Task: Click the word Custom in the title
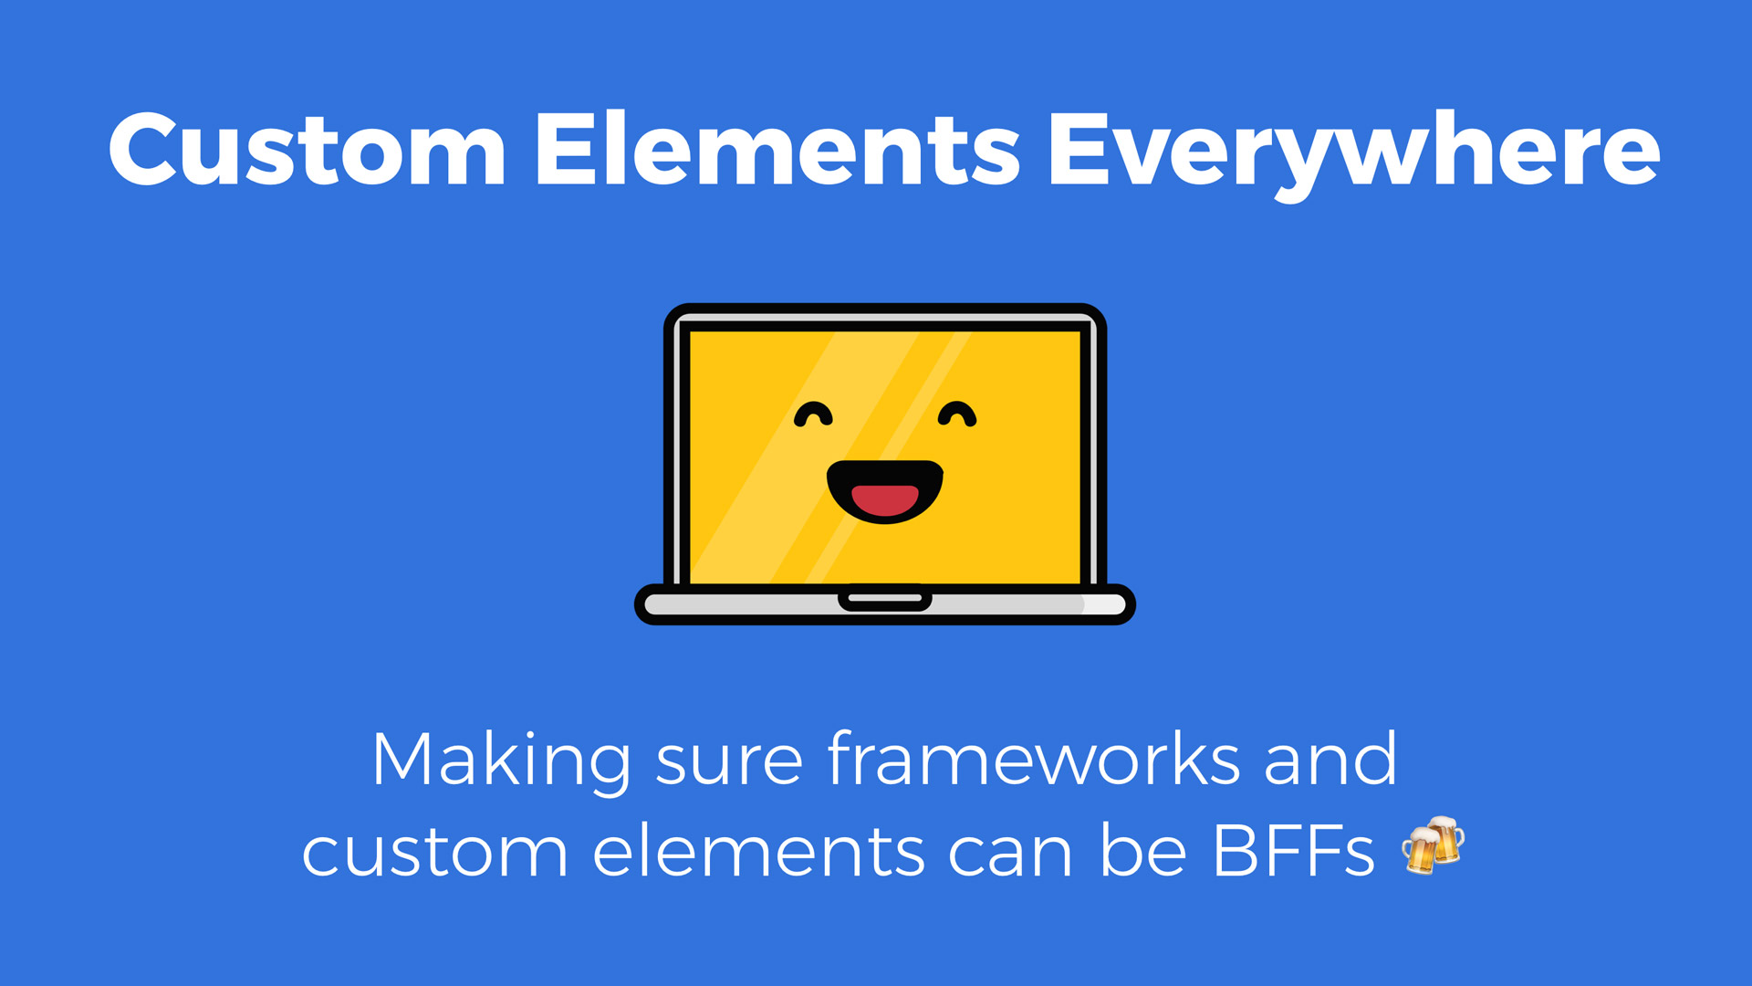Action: point(308,149)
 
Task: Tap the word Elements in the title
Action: point(777,149)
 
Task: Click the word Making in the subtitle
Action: point(501,761)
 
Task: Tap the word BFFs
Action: point(1293,852)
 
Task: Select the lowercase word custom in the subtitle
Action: point(435,854)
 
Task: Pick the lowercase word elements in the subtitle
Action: point(758,851)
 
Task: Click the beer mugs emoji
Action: point(1434,845)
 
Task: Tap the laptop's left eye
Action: point(813,414)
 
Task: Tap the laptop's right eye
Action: point(957,414)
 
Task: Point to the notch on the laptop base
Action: point(885,599)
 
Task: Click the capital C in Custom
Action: point(145,149)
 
